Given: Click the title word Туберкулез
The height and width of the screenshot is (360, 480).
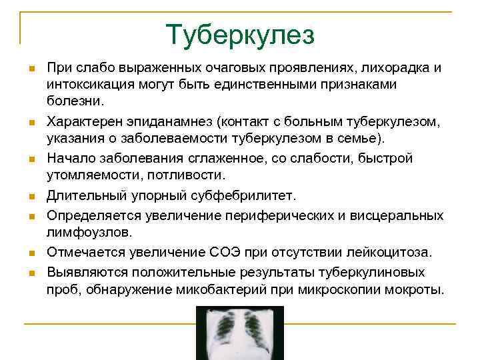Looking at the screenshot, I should click(x=240, y=35).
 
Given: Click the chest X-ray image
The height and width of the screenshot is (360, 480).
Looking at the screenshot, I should click(x=239, y=331).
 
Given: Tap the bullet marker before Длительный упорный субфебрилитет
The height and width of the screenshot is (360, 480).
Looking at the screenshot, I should click(x=31, y=197).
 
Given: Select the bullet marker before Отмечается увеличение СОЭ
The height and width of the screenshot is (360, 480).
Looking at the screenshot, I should click(x=31, y=253).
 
